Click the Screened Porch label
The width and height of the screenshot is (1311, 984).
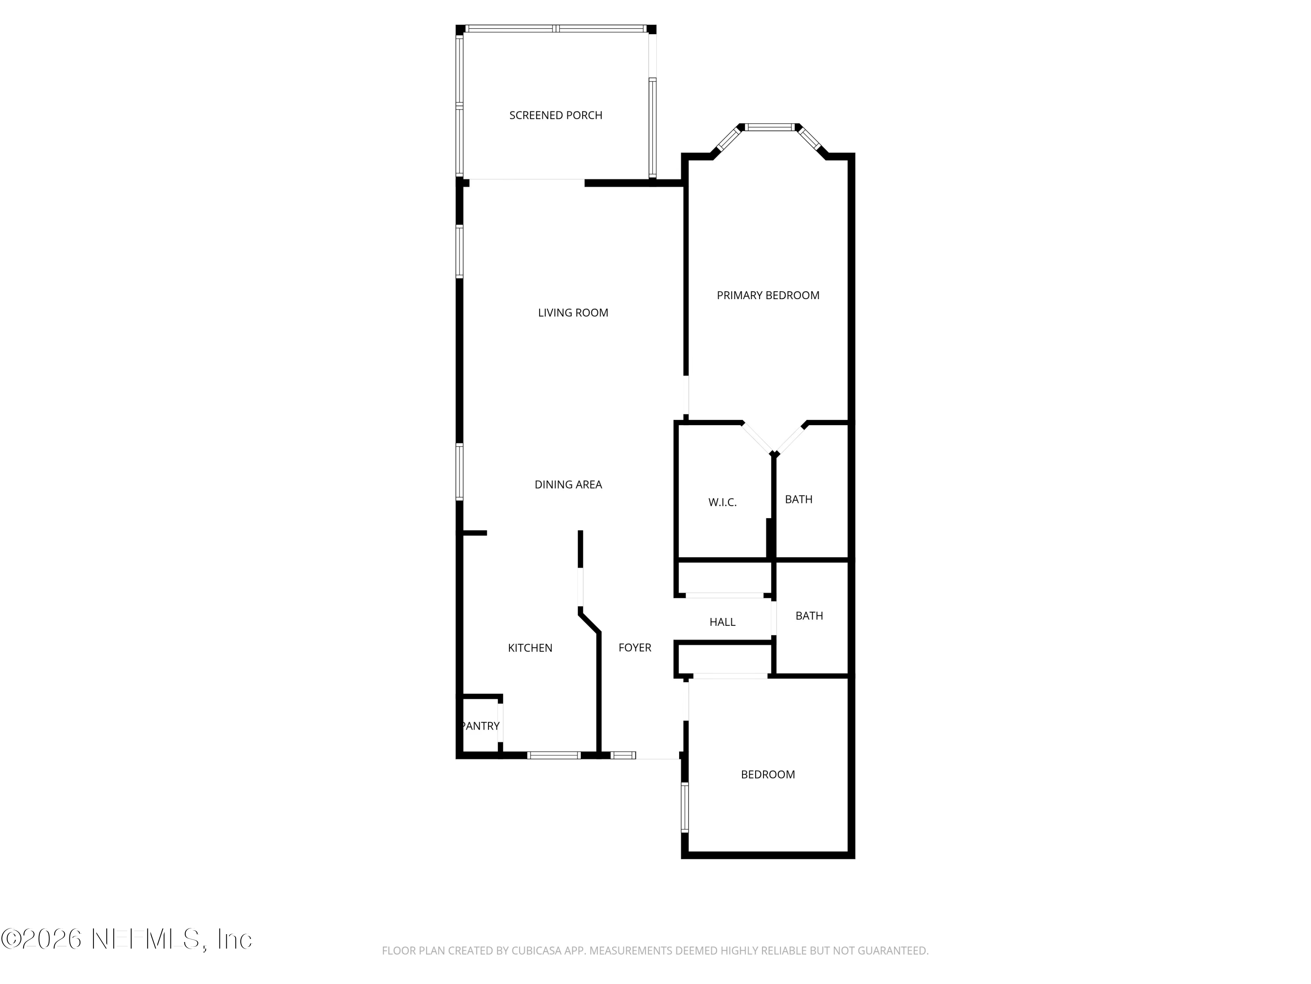point(555,115)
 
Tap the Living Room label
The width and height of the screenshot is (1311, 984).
point(573,313)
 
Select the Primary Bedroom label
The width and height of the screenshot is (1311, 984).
point(768,295)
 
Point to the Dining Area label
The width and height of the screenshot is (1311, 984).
point(569,485)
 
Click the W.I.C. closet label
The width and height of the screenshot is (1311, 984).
point(722,502)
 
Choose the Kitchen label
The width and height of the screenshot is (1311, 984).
point(530,648)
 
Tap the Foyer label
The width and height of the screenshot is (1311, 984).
point(635,648)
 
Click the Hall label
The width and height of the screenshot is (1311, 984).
point(722,622)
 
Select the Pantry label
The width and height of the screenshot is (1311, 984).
point(480,726)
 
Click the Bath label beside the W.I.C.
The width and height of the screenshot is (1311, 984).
point(798,499)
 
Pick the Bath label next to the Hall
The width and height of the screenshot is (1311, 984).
point(809,616)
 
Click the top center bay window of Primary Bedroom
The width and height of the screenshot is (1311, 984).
point(769,127)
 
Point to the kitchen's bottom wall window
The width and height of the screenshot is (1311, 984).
point(554,755)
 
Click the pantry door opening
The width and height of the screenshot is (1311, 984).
point(501,722)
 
